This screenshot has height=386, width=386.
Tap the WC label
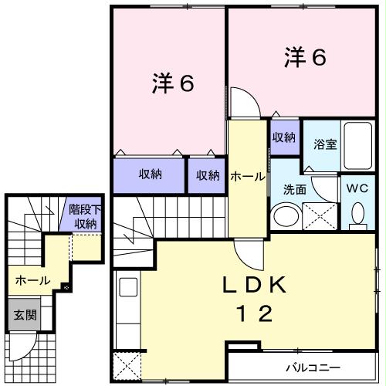[x=357, y=188]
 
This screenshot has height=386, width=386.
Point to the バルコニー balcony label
[x=314, y=367]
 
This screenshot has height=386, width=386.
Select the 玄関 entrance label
[x=21, y=315]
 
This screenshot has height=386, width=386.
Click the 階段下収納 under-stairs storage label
[x=82, y=217]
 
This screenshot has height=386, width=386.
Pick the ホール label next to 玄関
[x=32, y=279]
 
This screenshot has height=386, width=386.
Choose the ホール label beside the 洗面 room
[x=247, y=176]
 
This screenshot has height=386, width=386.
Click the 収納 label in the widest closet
[x=150, y=174]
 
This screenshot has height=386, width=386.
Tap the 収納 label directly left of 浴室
[x=283, y=137]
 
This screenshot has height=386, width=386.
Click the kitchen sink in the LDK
[x=127, y=290]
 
